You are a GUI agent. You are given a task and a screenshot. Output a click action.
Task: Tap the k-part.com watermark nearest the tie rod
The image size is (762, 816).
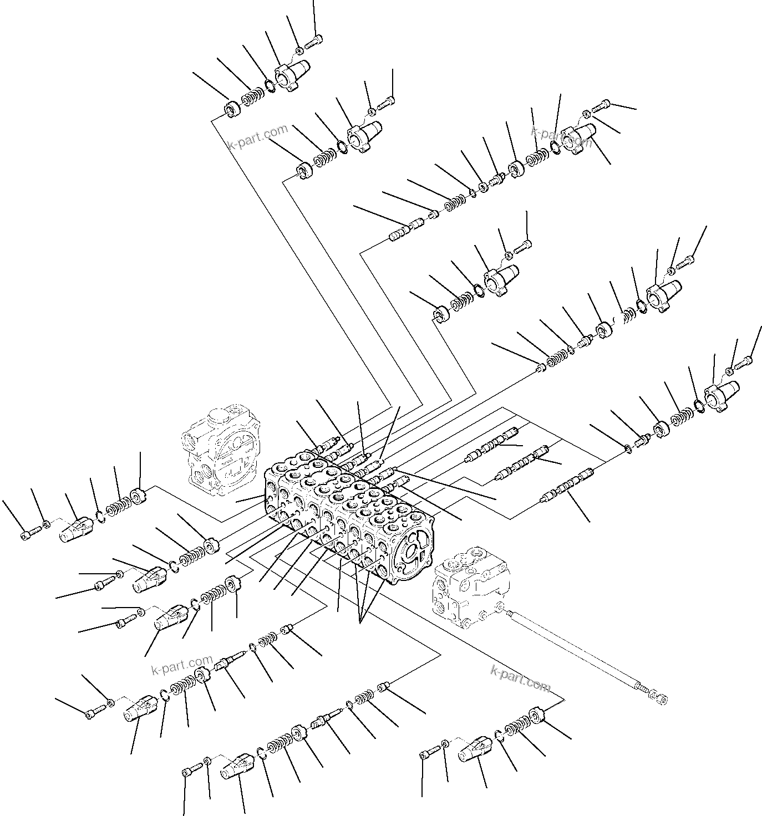coord(520,677)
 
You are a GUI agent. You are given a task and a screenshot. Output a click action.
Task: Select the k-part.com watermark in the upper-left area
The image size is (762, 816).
coord(258,137)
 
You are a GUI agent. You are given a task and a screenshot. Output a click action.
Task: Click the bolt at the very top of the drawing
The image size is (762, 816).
coord(313,40)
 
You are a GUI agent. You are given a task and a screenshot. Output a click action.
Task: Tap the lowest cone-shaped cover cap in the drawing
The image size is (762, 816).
coord(237,766)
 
